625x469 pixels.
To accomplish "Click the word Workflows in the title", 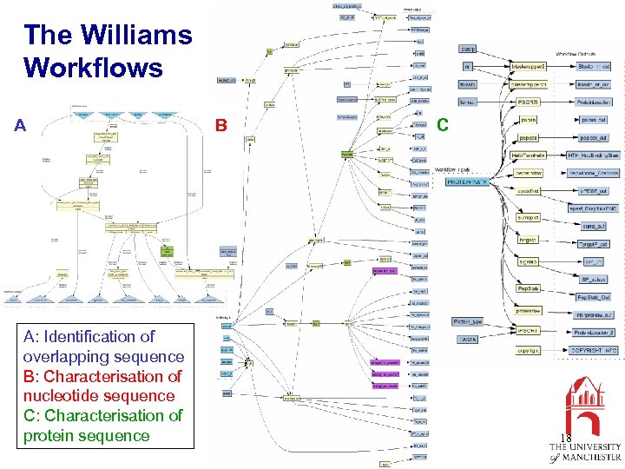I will click(x=93, y=68).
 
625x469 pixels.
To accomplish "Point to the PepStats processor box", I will click(x=528, y=288).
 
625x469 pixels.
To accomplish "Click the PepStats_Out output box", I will click(x=594, y=297).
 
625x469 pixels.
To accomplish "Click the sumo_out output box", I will click(x=594, y=225).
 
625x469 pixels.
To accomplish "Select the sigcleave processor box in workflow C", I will click(x=528, y=261).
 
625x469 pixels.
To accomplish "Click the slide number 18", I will click(x=566, y=439).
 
